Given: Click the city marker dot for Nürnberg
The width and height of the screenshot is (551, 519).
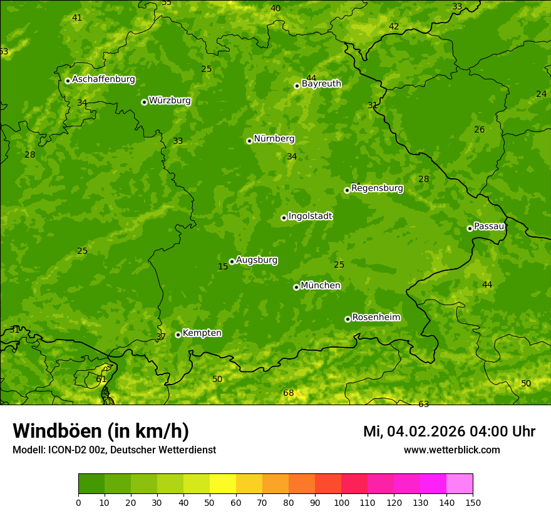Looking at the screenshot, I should (x=249, y=141).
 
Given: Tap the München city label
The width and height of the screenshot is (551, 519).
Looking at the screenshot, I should (x=321, y=286).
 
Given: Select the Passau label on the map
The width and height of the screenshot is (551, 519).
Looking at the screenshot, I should (x=489, y=226).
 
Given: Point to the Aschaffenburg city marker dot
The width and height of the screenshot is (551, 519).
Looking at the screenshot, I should (x=68, y=81).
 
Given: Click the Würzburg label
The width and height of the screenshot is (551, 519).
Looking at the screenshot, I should (x=170, y=101).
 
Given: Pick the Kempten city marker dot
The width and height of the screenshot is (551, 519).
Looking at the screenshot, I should (x=178, y=335).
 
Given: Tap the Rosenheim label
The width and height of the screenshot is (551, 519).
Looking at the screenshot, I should (x=376, y=318).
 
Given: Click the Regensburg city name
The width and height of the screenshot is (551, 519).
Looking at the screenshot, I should (x=377, y=188).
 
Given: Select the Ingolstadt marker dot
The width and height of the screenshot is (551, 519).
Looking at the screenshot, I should (x=284, y=218).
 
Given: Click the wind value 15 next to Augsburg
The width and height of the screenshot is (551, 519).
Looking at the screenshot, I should (x=223, y=267).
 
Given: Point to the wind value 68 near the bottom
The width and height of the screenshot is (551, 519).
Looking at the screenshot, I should (x=288, y=393).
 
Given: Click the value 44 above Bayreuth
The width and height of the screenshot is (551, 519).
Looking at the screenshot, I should (x=311, y=78).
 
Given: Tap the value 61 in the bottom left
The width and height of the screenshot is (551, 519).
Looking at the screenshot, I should (x=101, y=380).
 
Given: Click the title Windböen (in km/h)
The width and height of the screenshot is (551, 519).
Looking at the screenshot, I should (x=100, y=431).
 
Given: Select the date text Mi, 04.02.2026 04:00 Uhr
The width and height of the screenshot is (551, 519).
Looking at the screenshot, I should (x=449, y=431).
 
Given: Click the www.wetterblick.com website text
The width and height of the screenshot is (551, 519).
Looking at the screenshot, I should (x=451, y=450).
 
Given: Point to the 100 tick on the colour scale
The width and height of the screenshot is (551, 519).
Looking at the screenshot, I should (x=341, y=502).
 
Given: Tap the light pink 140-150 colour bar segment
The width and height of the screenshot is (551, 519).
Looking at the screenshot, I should (x=460, y=484).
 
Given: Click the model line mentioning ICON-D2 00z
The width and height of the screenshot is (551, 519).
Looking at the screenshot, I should (x=114, y=450).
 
